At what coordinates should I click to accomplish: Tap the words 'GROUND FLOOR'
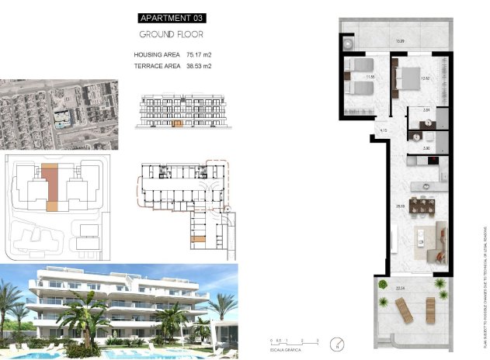(x=172, y=35)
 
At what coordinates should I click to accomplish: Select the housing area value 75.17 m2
(x=199, y=55)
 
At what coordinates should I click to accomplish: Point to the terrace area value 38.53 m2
(x=199, y=67)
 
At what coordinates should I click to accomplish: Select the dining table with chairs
(x=424, y=205)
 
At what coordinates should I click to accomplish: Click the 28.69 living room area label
(x=399, y=206)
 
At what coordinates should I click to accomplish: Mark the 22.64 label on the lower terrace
(x=399, y=288)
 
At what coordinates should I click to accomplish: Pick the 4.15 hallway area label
(x=383, y=130)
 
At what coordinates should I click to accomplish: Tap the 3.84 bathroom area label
(x=426, y=111)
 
